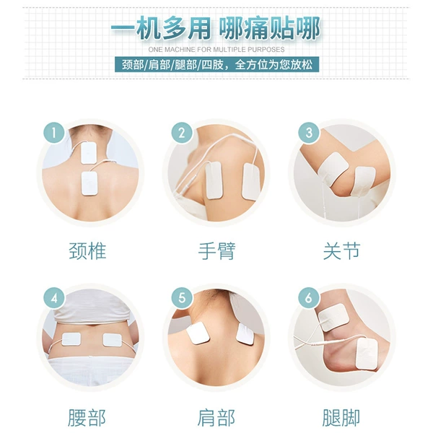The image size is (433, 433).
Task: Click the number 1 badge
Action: [x=54, y=133]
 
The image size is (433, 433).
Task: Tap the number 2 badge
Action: [x=182, y=133]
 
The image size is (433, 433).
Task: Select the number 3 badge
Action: [x=309, y=133]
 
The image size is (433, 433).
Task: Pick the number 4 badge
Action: [x=54, y=298]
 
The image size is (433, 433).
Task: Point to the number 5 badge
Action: [x=182, y=298]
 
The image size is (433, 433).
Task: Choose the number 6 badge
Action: [x=309, y=298]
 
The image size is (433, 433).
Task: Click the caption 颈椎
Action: [x=87, y=251]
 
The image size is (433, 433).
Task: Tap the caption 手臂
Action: [x=216, y=251]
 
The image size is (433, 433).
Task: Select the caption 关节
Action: [x=341, y=251]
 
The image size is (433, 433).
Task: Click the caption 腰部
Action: [x=87, y=418]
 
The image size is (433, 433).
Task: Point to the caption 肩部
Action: [x=216, y=418]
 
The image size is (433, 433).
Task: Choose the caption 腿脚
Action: [x=341, y=418]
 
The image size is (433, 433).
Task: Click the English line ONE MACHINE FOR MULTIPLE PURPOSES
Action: [x=216, y=50]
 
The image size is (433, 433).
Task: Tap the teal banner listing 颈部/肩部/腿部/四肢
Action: [x=216, y=65]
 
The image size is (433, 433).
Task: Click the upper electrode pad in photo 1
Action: [x=89, y=153]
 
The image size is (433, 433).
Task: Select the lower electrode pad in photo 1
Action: [x=89, y=183]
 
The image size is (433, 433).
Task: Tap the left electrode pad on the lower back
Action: [x=71, y=339]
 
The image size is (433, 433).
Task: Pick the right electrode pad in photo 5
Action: [x=245, y=334]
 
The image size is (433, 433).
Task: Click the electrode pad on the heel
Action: [x=367, y=354]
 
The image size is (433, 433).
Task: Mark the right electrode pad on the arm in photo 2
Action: [x=250, y=181]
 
